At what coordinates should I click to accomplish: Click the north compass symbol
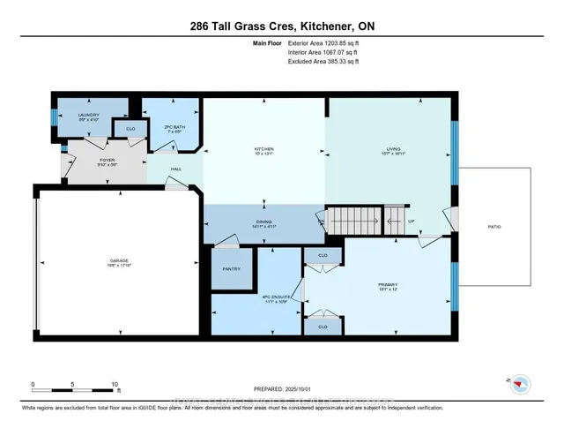[520, 383]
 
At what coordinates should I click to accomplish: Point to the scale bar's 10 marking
[115, 385]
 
